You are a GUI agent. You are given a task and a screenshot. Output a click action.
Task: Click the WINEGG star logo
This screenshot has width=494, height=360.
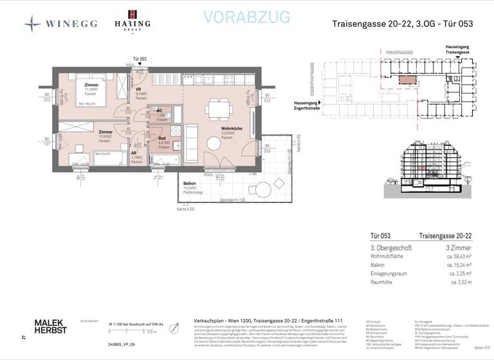pos(32,24)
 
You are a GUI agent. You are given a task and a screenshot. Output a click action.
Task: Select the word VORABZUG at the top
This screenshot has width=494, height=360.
pos(247,17)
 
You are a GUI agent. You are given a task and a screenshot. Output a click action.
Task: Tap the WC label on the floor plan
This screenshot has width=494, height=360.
pos(160,111)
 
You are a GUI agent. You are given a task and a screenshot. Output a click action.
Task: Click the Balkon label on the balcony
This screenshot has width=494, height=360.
pos(188,184)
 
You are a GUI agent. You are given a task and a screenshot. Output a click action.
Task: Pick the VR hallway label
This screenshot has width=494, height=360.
pos(138,89)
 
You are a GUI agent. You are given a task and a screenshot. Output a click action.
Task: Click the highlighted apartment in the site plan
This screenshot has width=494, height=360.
pos(407,80)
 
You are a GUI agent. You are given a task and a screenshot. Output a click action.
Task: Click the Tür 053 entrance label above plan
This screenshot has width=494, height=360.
pos(139,59)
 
